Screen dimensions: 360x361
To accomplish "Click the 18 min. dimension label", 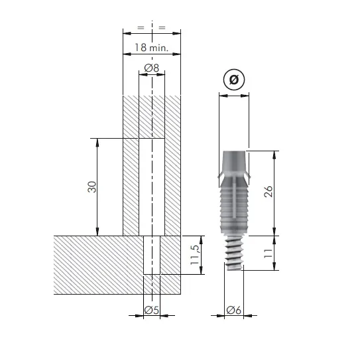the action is coord(151,47).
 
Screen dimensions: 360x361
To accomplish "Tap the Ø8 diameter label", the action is coord(152,68).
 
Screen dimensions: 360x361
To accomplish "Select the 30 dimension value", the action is coord(92,186).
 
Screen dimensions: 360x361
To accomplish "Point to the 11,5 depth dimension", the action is coord(195,255).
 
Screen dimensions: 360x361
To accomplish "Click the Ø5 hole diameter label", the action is coord(152,310).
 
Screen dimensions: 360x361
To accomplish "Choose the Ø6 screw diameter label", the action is coord(234,310).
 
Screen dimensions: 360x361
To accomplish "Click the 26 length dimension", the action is coord(269,191).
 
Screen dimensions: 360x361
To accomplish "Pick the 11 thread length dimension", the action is coord(269,253).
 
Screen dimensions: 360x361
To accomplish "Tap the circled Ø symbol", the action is coord(234,80).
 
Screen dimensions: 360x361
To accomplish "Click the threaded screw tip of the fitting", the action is coord(234,253).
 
